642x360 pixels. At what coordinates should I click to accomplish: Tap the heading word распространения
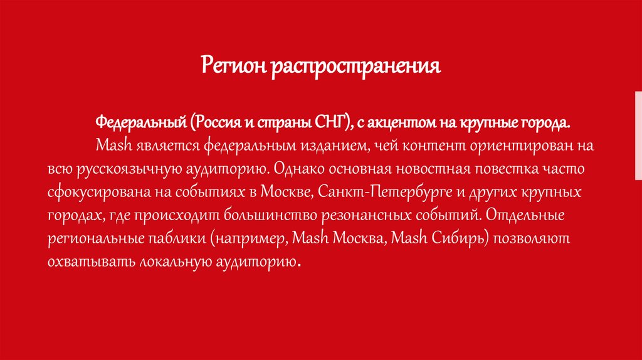point(355,66)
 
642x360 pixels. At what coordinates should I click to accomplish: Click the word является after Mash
point(159,146)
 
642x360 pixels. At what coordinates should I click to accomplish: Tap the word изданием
point(326,146)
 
